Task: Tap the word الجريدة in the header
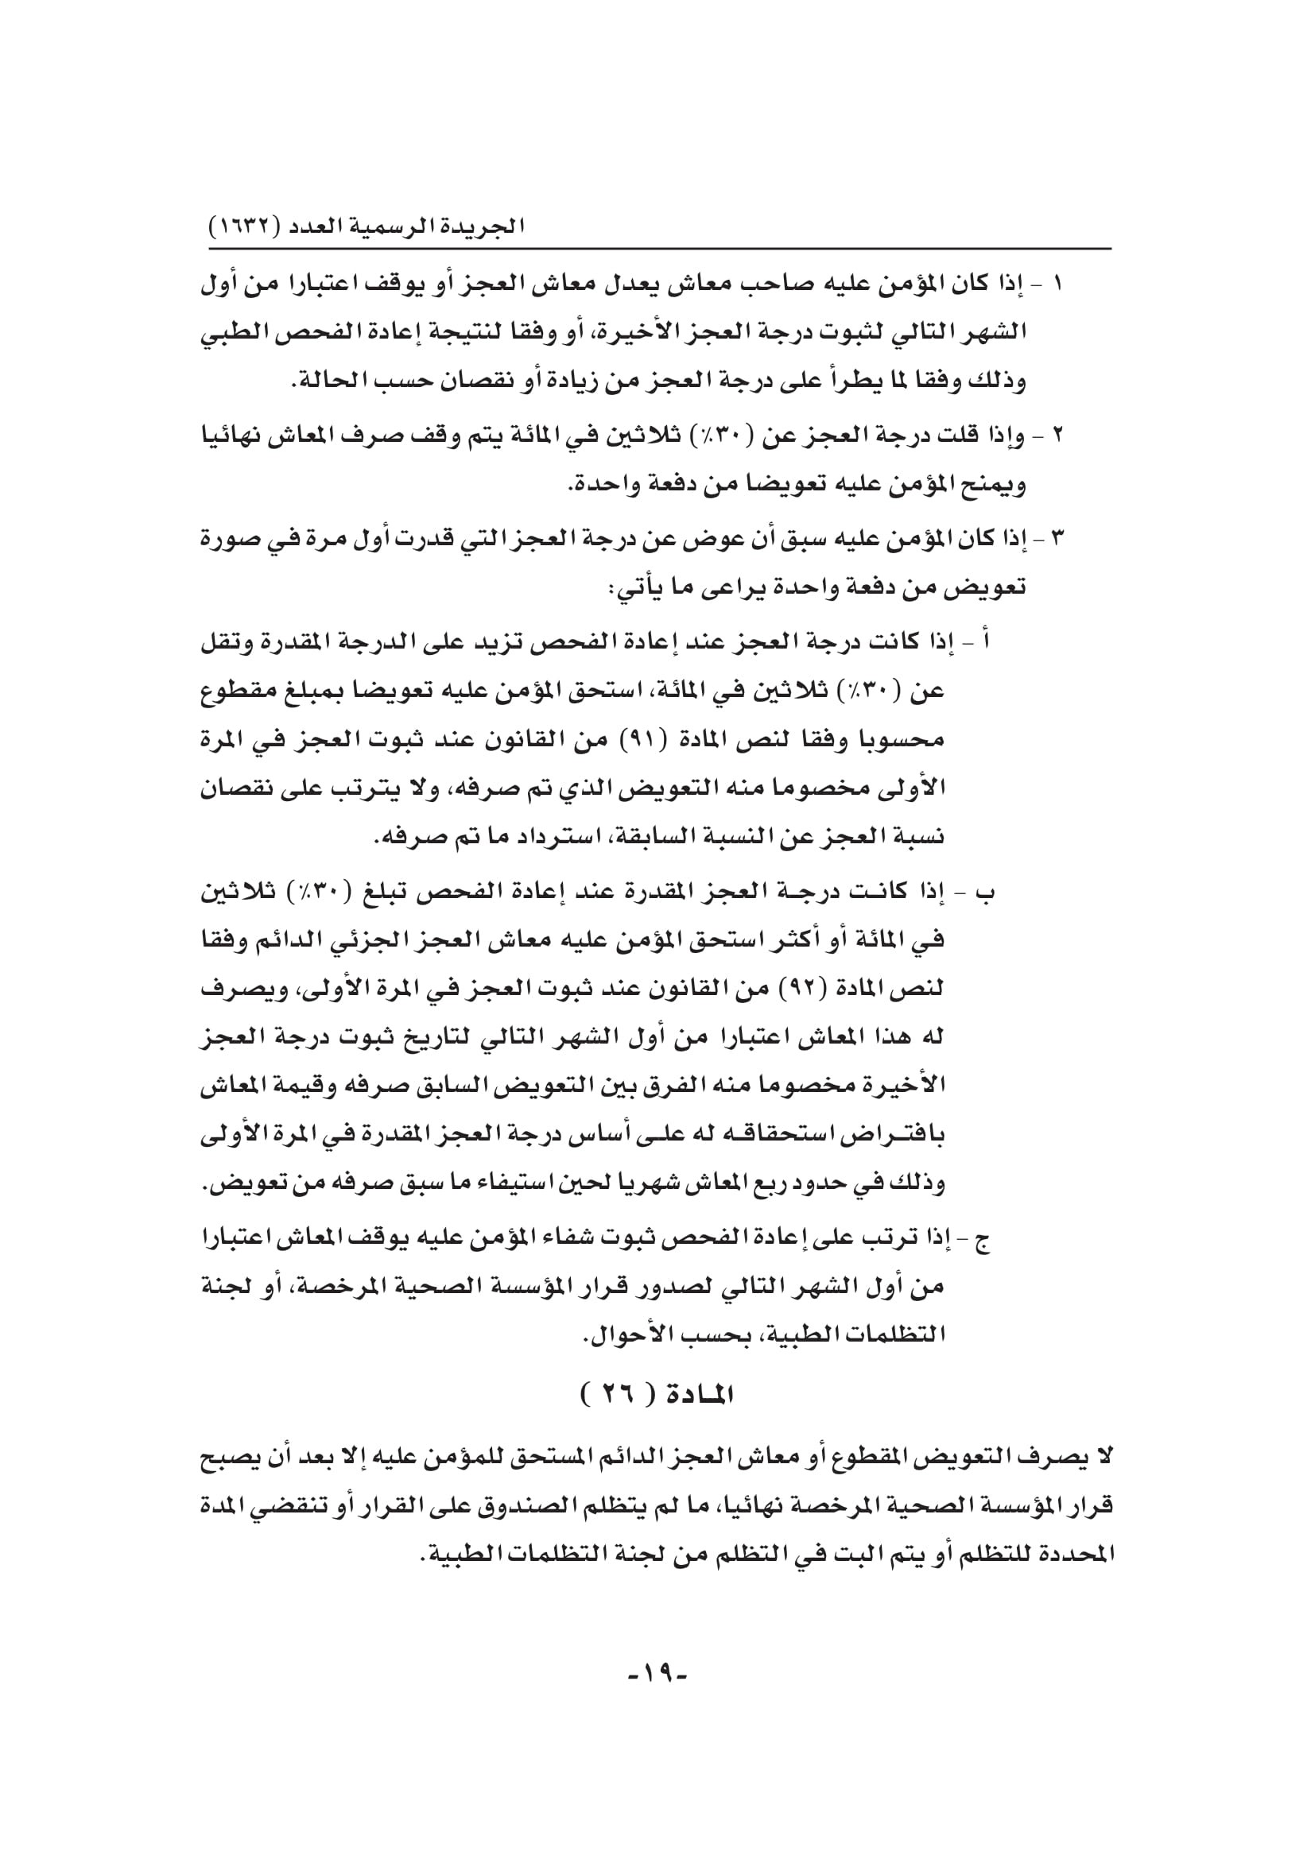tap(486, 227)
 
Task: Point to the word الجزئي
tap(421, 941)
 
